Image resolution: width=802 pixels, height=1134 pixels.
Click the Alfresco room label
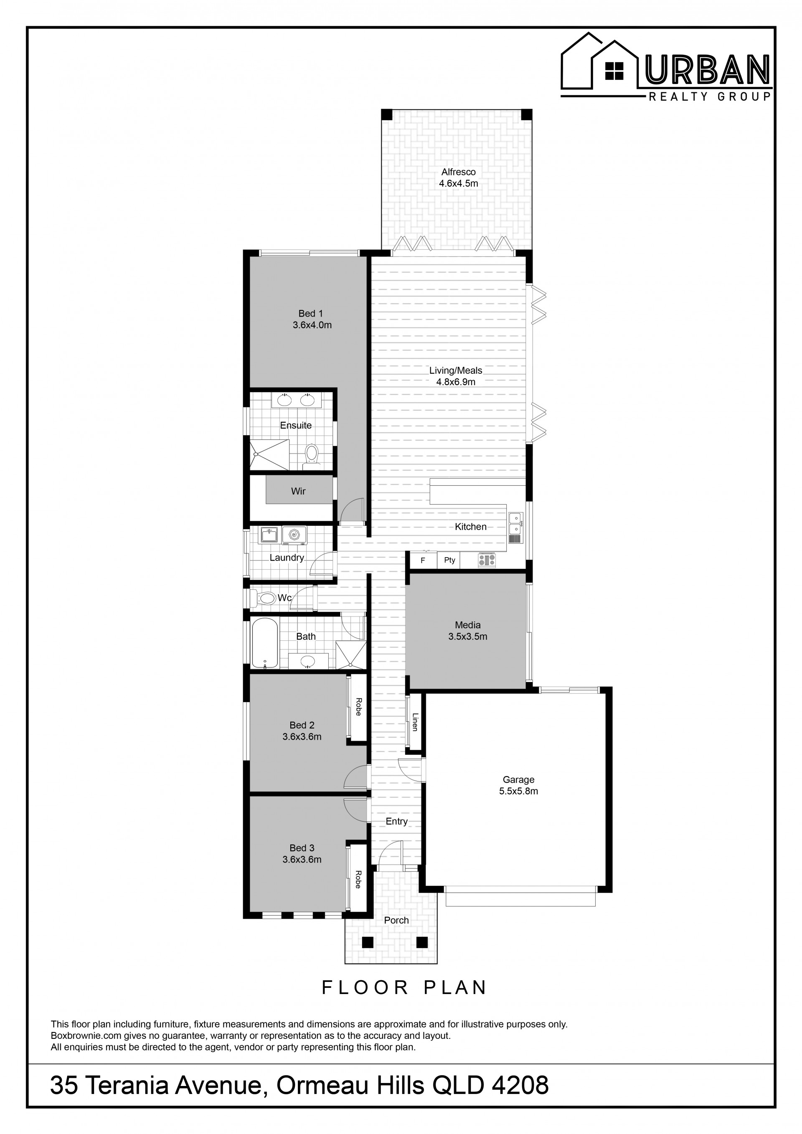click(x=458, y=172)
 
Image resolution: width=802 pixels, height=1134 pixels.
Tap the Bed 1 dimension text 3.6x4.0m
click(x=312, y=325)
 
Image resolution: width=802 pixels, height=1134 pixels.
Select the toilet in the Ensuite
click(x=311, y=452)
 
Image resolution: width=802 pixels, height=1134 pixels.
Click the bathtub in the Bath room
click(x=265, y=642)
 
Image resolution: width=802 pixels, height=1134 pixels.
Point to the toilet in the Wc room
click(x=265, y=599)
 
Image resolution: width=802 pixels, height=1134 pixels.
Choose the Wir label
click(x=298, y=491)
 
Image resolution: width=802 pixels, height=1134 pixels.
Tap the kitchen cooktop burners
click(x=487, y=560)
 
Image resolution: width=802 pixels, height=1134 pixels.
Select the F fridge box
click(x=423, y=561)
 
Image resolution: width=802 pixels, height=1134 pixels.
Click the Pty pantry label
click(x=449, y=560)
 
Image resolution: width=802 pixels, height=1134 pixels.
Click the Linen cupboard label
click(x=415, y=722)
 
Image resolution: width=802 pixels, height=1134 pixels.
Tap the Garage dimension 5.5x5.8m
click(x=518, y=791)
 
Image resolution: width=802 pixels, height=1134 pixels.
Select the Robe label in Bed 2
click(x=358, y=707)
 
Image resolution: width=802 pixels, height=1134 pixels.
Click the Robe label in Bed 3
click(x=358, y=879)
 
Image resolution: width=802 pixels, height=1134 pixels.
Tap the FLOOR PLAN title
click(x=404, y=987)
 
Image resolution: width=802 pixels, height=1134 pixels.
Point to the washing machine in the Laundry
click(x=294, y=535)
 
